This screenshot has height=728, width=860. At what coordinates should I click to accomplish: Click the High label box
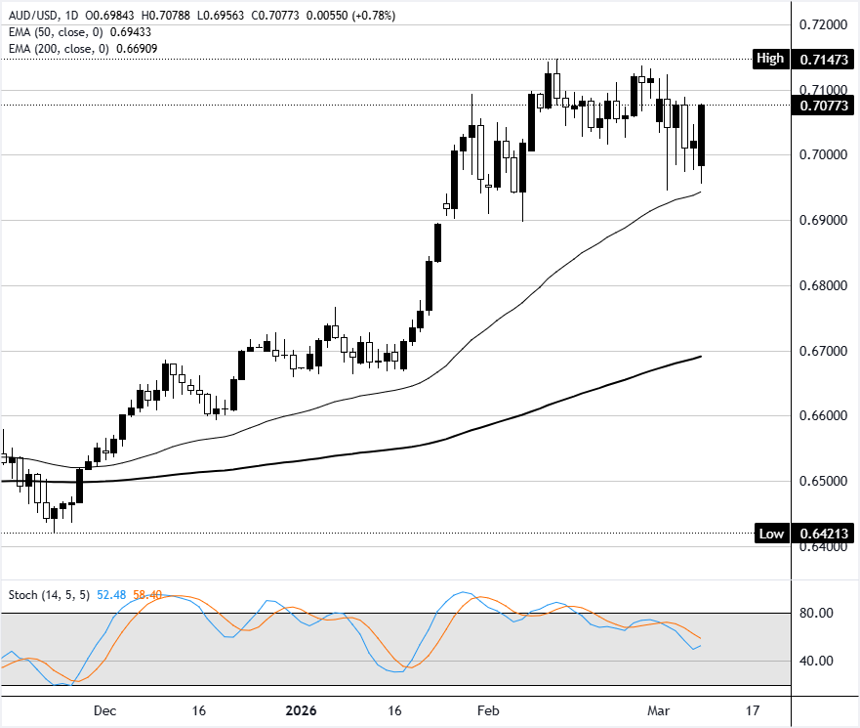coord(769,59)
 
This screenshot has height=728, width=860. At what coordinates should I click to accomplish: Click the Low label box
coord(770,534)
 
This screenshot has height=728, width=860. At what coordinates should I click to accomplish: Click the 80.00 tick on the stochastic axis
coord(812,614)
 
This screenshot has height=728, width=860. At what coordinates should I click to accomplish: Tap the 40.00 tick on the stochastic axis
coord(812,661)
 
